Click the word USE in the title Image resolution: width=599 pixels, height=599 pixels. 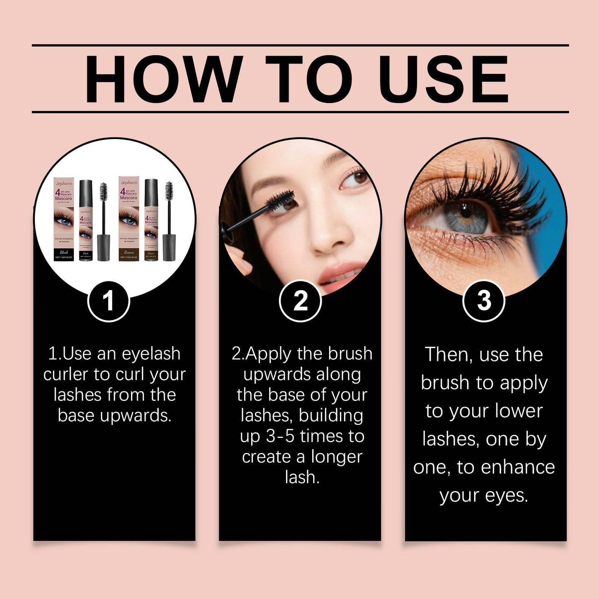coord(443,79)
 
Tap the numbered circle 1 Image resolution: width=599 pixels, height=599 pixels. coord(109,301)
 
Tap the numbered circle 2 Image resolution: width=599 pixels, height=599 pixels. coord(300,301)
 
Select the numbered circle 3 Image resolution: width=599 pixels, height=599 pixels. coord(484,301)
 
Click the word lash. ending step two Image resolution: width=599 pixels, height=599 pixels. coord(302,477)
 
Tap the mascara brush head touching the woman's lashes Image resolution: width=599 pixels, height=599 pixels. coord(280,200)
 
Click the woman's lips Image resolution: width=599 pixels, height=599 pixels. coord(340,274)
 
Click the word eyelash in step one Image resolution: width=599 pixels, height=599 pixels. coord(151,354)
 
